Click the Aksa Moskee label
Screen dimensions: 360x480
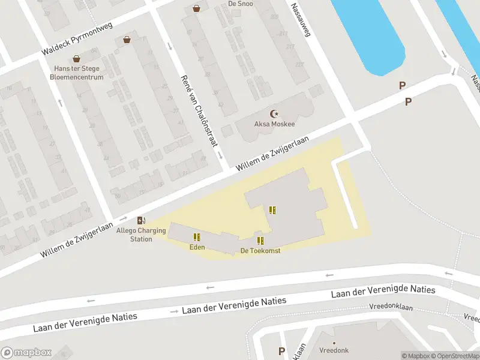point(275,124)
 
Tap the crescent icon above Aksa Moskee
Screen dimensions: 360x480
point(275,113)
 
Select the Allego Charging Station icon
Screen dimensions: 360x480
point(142,221)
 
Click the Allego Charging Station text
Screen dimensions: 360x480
point(142,235)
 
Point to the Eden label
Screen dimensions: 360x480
point(197,247)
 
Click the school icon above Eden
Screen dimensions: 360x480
point(197,237)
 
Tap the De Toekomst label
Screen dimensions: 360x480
point(260,250)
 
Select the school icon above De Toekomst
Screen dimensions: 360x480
point(260,241)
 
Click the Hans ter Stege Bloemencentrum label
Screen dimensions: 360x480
point(76,73)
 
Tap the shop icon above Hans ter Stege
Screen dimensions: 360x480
point(76,59)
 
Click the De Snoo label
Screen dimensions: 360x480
point(240,4)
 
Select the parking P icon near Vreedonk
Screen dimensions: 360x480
point(281,351)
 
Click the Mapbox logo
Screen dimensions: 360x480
point(26,353)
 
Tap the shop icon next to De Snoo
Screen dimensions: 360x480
point(196,8)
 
